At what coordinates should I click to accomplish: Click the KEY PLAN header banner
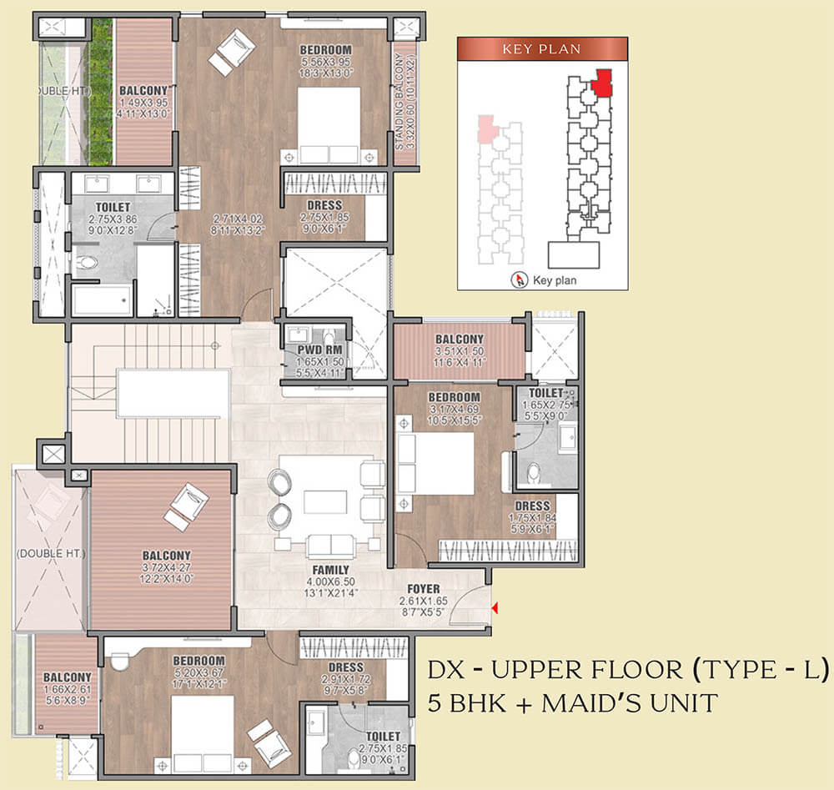click(x=542, y=48)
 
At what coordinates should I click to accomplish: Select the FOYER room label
click(x=424, y=588)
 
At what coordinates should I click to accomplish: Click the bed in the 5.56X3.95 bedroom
click(x=329, y=126)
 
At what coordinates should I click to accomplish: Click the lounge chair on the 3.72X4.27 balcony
click(x=186, y=506)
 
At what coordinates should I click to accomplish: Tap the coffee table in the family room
click(x=325, y=502)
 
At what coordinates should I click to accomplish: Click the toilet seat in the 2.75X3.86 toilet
click(x=86, y=264)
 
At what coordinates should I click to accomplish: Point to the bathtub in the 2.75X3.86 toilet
click(x=101, y=300)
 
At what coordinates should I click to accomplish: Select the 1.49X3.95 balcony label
click(x=143, y=90)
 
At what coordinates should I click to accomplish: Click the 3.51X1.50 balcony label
click(x=459, y=340)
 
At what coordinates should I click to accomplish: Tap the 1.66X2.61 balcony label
click(x=68, y=677)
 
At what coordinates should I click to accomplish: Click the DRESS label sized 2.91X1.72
click(x=345, y=667)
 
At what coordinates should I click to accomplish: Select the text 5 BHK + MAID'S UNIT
click(x=572, y=702)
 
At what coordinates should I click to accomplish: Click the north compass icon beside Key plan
click(x=521, y=280)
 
